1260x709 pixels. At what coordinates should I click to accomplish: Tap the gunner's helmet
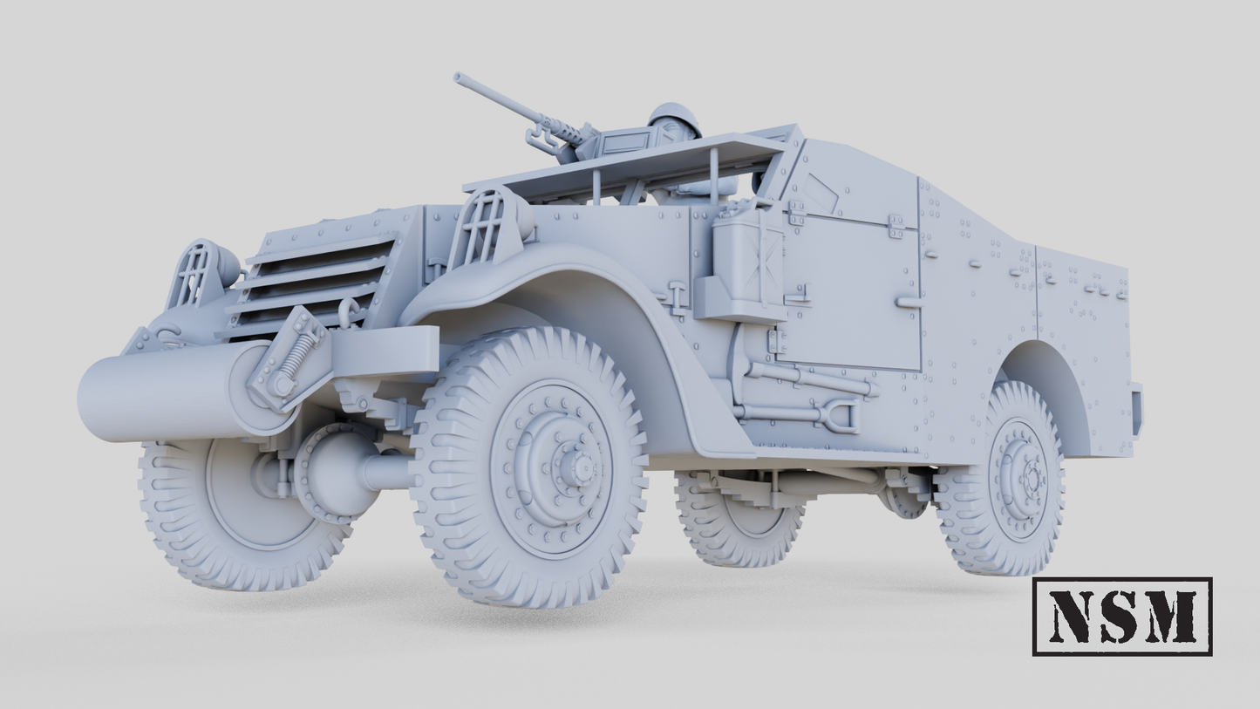click(675, 118)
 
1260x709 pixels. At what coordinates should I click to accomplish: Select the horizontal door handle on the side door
click(909, 302)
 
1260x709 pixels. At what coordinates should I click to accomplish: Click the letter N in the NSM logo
click(1072, 616)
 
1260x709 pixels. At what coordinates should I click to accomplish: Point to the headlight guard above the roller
click(194, 273)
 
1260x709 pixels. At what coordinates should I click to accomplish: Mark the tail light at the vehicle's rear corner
click(1137, 410)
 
